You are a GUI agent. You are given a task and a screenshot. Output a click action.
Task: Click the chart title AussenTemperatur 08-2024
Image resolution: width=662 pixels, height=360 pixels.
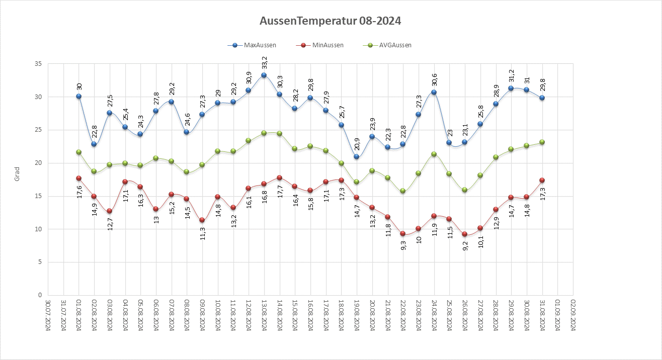pos(330,21)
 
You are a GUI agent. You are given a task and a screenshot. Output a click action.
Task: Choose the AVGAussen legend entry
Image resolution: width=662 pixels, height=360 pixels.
pos(394,45)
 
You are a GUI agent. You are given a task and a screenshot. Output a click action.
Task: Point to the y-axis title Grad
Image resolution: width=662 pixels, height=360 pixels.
pos(17,174)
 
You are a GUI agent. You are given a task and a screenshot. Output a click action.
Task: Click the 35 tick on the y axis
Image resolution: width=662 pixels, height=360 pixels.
pos(38,64)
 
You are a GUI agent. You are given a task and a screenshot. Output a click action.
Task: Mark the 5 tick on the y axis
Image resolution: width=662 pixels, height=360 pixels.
pos(40,262)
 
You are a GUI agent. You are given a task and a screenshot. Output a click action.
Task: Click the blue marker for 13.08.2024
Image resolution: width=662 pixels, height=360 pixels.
pos(264,75)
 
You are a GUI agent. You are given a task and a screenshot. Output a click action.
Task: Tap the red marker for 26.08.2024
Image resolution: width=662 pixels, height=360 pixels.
pos(465,234)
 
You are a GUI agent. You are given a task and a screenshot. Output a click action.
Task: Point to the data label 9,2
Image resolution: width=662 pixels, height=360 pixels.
pos(465,246)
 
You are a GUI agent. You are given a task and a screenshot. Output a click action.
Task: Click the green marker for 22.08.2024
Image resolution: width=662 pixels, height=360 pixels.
pos(403,191)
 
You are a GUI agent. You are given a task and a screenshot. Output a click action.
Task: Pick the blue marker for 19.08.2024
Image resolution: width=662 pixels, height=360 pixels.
pos(357,157)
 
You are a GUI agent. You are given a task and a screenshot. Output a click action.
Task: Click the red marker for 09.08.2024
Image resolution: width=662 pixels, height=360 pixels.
pos(202,220)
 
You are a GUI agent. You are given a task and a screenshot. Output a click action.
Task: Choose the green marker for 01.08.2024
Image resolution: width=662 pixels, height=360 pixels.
pos(78,152)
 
